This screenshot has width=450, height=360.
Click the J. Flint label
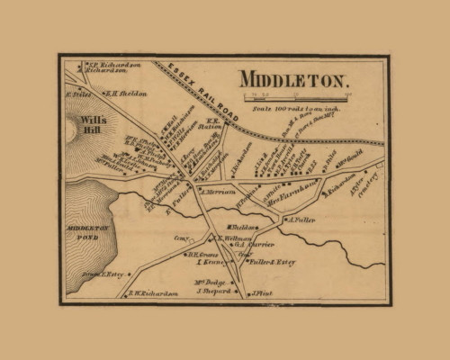[x=260, y=292]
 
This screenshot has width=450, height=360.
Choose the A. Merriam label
[x=218, y=192]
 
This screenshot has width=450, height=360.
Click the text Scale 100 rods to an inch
[x=292, y=107]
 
